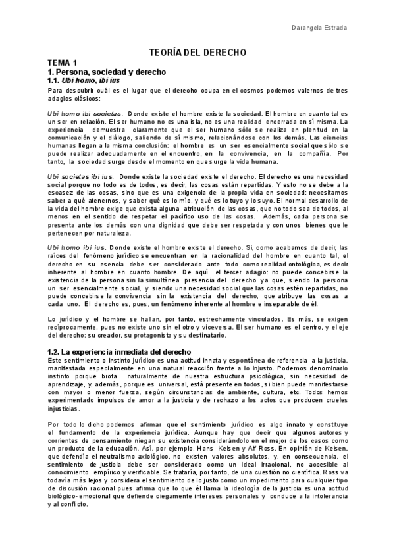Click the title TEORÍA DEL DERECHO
197,51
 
